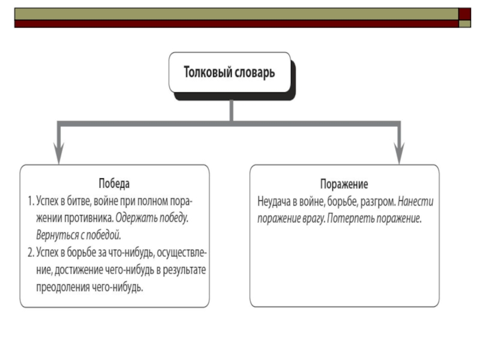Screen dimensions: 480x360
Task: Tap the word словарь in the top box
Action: pos(254,73)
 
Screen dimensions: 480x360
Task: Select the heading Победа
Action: pos(114,183)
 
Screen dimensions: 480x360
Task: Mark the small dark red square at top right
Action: pos(465,14)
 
